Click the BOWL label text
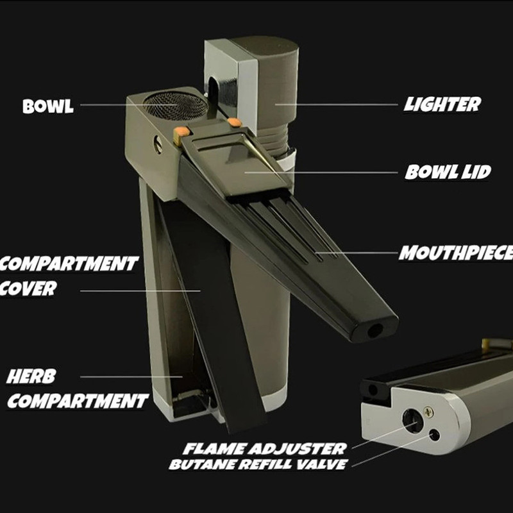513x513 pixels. point(48,106)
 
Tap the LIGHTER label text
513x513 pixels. point(442,105)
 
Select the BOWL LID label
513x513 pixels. point(448,172)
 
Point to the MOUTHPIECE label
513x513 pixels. point(456,253)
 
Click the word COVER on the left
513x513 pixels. point(28,288)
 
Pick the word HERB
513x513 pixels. point(31,376)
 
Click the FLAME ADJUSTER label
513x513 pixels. point(264,448)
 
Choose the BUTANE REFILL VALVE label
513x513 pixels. point(258,464)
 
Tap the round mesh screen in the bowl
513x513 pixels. point(176,105)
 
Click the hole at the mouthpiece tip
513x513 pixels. point(375,331)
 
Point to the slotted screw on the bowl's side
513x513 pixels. point(158,145)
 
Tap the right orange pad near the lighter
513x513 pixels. point(234,122)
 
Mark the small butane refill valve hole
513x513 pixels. point(435,435)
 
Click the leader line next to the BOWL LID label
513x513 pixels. point(321,172)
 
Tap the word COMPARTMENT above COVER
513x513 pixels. point(69,264)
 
